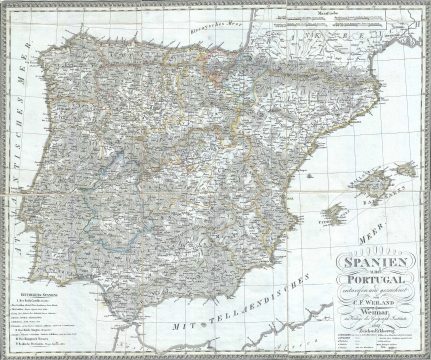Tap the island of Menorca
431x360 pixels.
(x=405, y=169)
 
